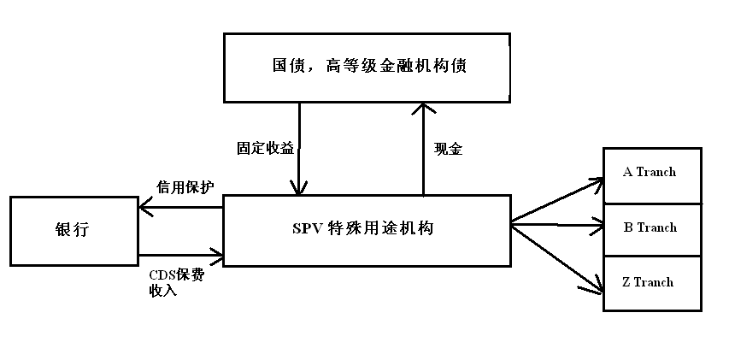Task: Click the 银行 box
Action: coord(73,230)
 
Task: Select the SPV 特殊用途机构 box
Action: coord(367,229)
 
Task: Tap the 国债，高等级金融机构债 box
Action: coord(367,67)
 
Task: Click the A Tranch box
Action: coord(652,174)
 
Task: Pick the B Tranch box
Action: coord(652,229)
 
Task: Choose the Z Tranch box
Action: coord(652,283)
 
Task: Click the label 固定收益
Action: coord(265,148)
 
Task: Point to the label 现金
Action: coord(448,149)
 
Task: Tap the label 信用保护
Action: coord(185,186)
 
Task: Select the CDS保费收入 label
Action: coord(176,282)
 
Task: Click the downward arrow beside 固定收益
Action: coord(299,150)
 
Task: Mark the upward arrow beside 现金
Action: coord(422,150)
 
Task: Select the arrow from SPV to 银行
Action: coord(179,205)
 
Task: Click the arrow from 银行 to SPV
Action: coord(179,254)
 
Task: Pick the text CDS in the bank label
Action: coord(161,275)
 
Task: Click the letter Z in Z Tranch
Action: coord(626,283)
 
